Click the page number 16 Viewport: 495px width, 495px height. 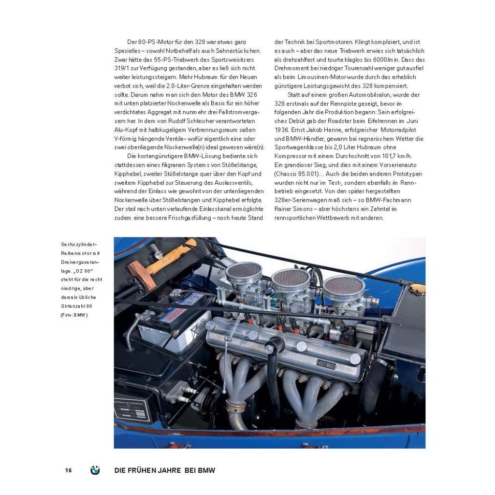pos(69,470)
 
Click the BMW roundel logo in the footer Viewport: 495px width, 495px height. pos(95,470)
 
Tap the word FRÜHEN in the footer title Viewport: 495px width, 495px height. pos(145,470)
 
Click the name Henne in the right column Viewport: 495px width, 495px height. pos(333,130)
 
